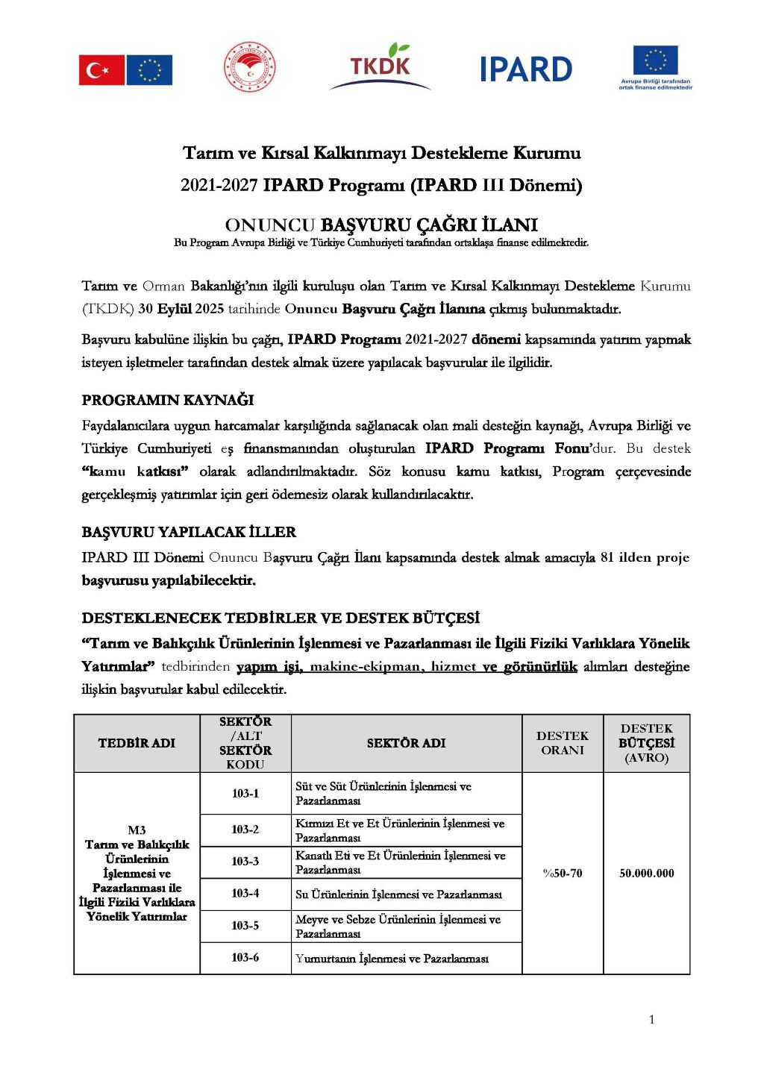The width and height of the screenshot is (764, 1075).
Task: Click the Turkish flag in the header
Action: click(x=101, y=70)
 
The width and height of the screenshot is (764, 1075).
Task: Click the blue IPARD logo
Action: click(x=525, y=69)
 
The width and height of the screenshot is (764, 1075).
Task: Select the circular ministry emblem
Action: click(x=250, y=68)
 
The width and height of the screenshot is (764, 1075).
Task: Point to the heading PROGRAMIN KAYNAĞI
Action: click(x=168, y=400)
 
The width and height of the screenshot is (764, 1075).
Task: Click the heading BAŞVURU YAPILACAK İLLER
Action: click(x=189, y=532)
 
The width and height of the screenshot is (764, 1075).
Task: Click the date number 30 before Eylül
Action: click(x=145, y=309)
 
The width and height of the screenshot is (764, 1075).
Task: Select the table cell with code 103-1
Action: click(x=245, y=793)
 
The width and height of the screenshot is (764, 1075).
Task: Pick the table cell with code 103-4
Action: click(x=245, y=893)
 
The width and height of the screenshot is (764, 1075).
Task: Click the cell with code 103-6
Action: click(x=245, y=957)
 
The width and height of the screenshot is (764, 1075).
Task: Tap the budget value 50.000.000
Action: click(x=646, y=873)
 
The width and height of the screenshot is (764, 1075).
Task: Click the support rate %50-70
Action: click(x=562, y=873)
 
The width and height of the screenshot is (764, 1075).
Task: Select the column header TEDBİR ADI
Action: click(x=137, y=743)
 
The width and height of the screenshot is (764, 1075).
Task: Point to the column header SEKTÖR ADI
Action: click(x=406, y=743)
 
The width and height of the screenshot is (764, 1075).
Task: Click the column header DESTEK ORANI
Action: click(x=562, y=743)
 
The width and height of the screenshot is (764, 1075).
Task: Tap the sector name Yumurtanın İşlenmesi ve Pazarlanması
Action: click(x=392, y=959)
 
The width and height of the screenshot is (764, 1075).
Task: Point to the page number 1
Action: click(x=651, y=1020)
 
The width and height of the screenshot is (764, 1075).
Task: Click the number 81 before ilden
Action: click(x=607, y=557)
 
